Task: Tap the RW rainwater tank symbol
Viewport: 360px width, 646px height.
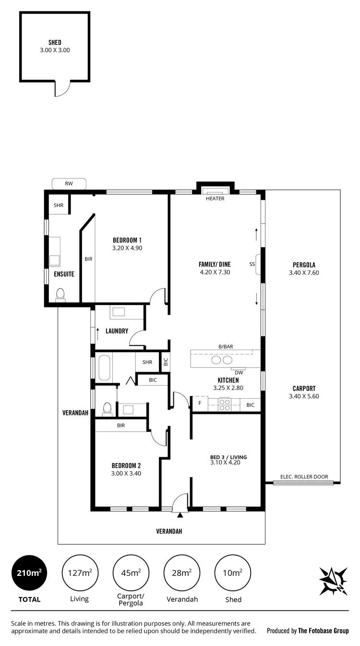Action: point(69,183)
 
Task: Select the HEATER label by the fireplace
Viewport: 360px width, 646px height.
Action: point(215,198)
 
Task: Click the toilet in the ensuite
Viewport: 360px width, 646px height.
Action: point(60,294)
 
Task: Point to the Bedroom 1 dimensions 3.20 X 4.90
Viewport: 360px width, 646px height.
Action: point(127,248)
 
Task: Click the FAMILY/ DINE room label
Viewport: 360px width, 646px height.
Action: point(215,264)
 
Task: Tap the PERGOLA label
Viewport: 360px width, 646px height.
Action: point(304,265)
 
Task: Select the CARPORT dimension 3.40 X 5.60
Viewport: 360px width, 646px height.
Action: point(304,396)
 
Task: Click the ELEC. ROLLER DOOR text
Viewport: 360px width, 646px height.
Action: point(304,477)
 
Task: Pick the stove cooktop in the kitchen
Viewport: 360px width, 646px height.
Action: point(225,405)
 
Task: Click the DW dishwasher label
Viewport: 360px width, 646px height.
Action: point(238,372)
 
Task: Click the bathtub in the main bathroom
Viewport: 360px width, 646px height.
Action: point(105,367)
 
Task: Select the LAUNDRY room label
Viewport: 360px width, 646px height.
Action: point(117,331)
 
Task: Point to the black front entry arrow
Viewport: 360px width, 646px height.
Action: point(180,515)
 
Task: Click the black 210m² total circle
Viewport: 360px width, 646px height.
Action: point(30,573)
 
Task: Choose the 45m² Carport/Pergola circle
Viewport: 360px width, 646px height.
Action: point(131,573)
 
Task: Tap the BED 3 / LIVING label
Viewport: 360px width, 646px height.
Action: point(228,457)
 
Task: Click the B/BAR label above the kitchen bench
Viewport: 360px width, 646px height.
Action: point(225,346)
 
